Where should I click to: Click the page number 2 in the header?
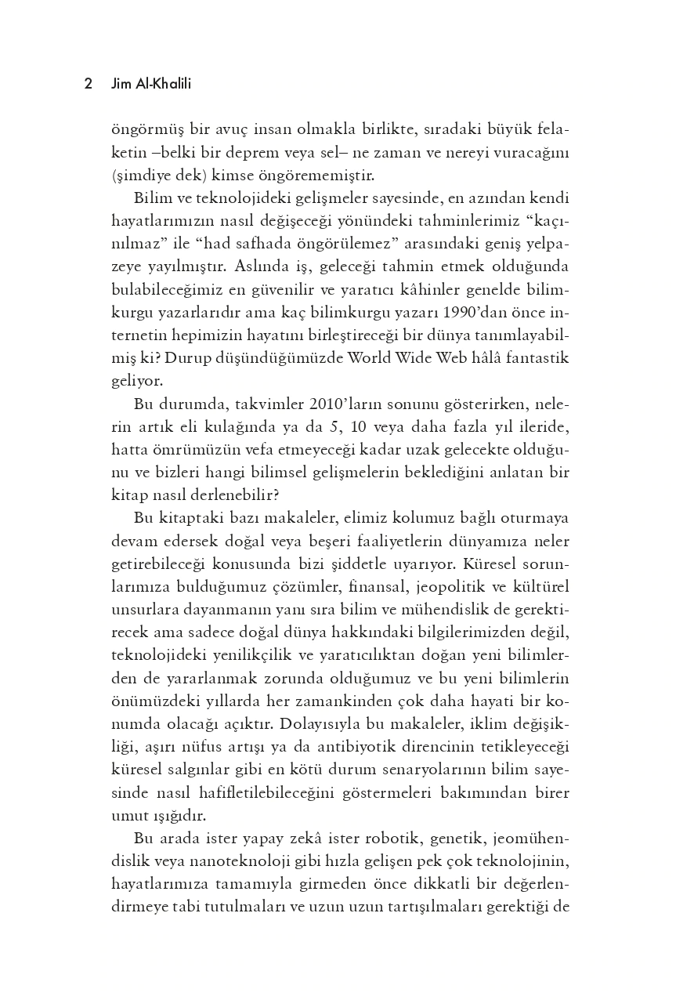89,84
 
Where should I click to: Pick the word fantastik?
538,359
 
